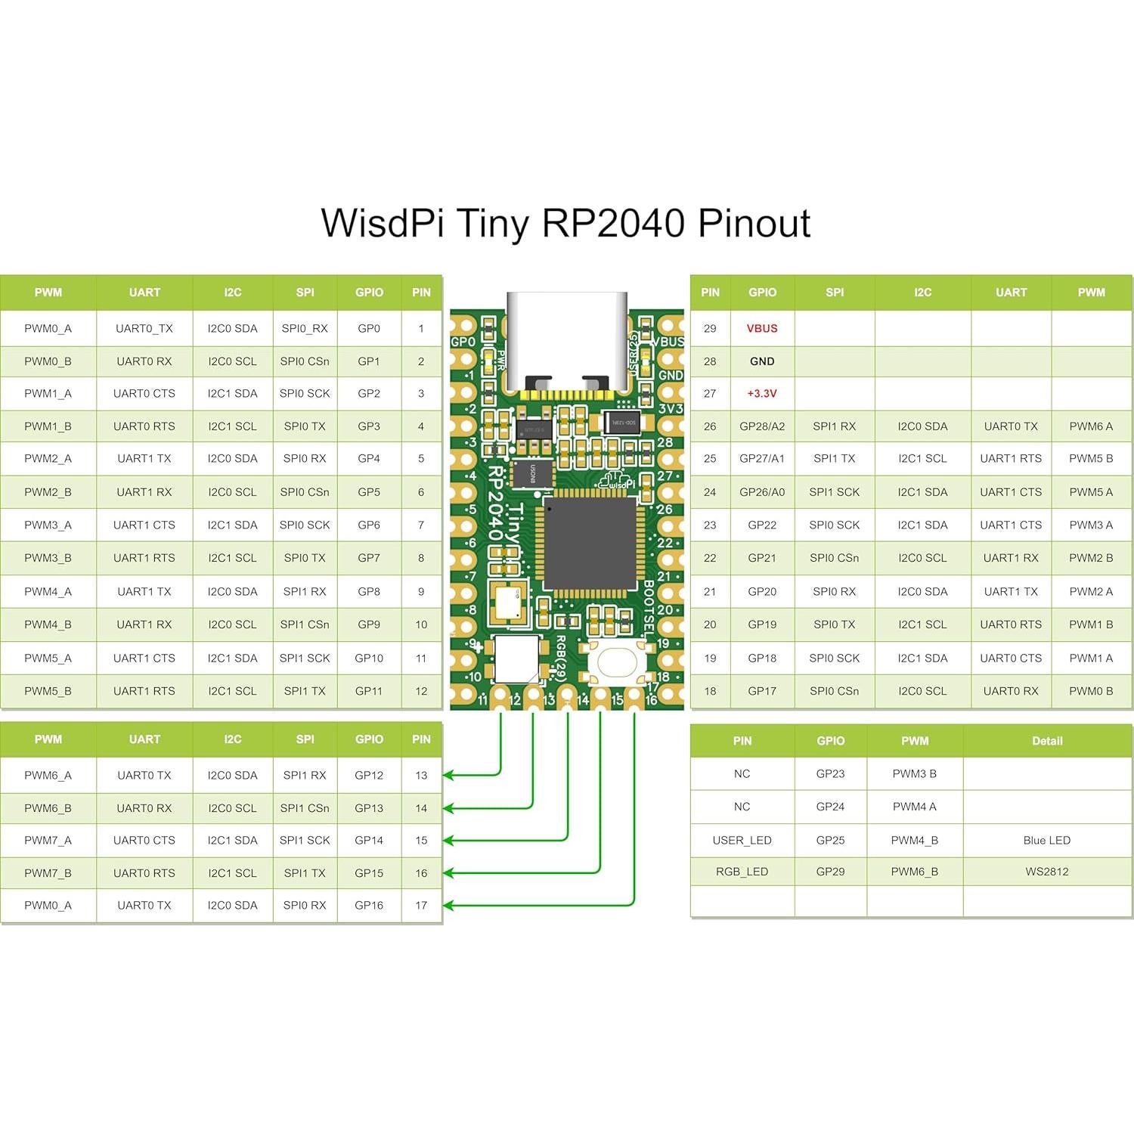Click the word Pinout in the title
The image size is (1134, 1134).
pyautogui.click(x=754, y=224)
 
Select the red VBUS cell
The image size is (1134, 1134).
pyautogui.click(x=762, y=328)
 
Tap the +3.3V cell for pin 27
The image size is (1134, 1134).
pyautogui.click(x=762, y=393)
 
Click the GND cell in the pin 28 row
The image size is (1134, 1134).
pyautogui.click(x=762, y=361)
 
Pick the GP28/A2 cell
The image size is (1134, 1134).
pyautogui.click(x=762, y=426)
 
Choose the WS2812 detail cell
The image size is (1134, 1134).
pyautogui.click(x=1047, y=872)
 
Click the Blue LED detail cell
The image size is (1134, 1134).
pyautogui.click(x=1047, y=840)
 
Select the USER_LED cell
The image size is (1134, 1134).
pyautogui.click(x=742, y=840)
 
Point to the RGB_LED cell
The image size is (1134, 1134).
pyautogui.click(x=742, y=872)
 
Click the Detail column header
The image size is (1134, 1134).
pyautogui.click(x=1047, y=741)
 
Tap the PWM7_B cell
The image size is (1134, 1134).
pyautogui.click(x=48, y=873)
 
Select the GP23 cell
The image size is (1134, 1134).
pyautogui.click(x=830, y=773)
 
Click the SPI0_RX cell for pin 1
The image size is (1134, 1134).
pyautogui.click(x=305, y=328)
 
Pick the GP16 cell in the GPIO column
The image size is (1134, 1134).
pyautogui.click(x=369, y=905)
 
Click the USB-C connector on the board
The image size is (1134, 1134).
pyautogui.click(x=567, y=340)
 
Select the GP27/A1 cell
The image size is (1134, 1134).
pyautogui.click(x=762, y=458)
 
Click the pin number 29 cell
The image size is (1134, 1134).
pyautogui.click(x=710, y=328)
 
